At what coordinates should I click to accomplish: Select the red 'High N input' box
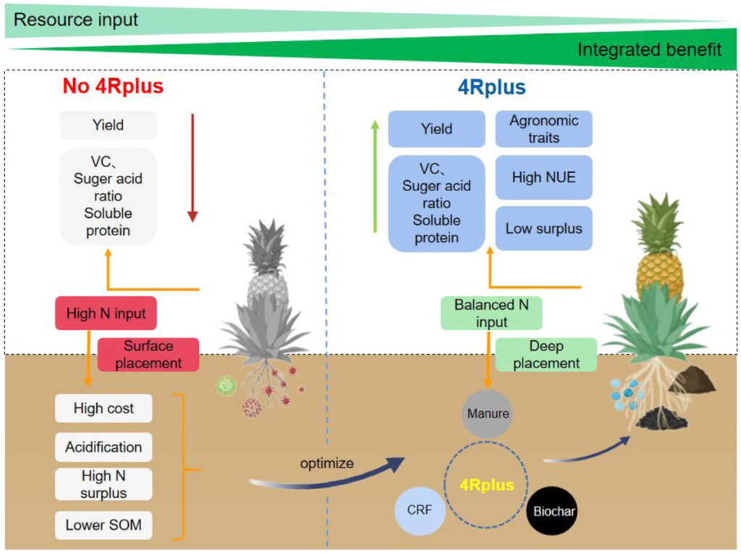tap(106, 314)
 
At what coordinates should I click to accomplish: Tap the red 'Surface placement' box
tap(148, 355)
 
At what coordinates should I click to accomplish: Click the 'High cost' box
tap(103, 409)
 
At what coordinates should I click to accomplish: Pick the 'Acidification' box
tap(103, 447)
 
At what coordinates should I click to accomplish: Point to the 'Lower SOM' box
tap(103, 524)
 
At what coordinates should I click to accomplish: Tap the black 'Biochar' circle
tap(554, 511)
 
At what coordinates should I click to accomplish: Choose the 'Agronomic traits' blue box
tap(543, 129)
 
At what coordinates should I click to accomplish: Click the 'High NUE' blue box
tap(543, 177)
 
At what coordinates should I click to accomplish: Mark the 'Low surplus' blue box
tap(543, 229)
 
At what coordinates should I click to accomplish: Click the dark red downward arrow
tap(192, 167)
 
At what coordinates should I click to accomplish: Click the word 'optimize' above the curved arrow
tap(327, 463)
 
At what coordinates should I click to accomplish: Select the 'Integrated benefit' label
tap(648, 50)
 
